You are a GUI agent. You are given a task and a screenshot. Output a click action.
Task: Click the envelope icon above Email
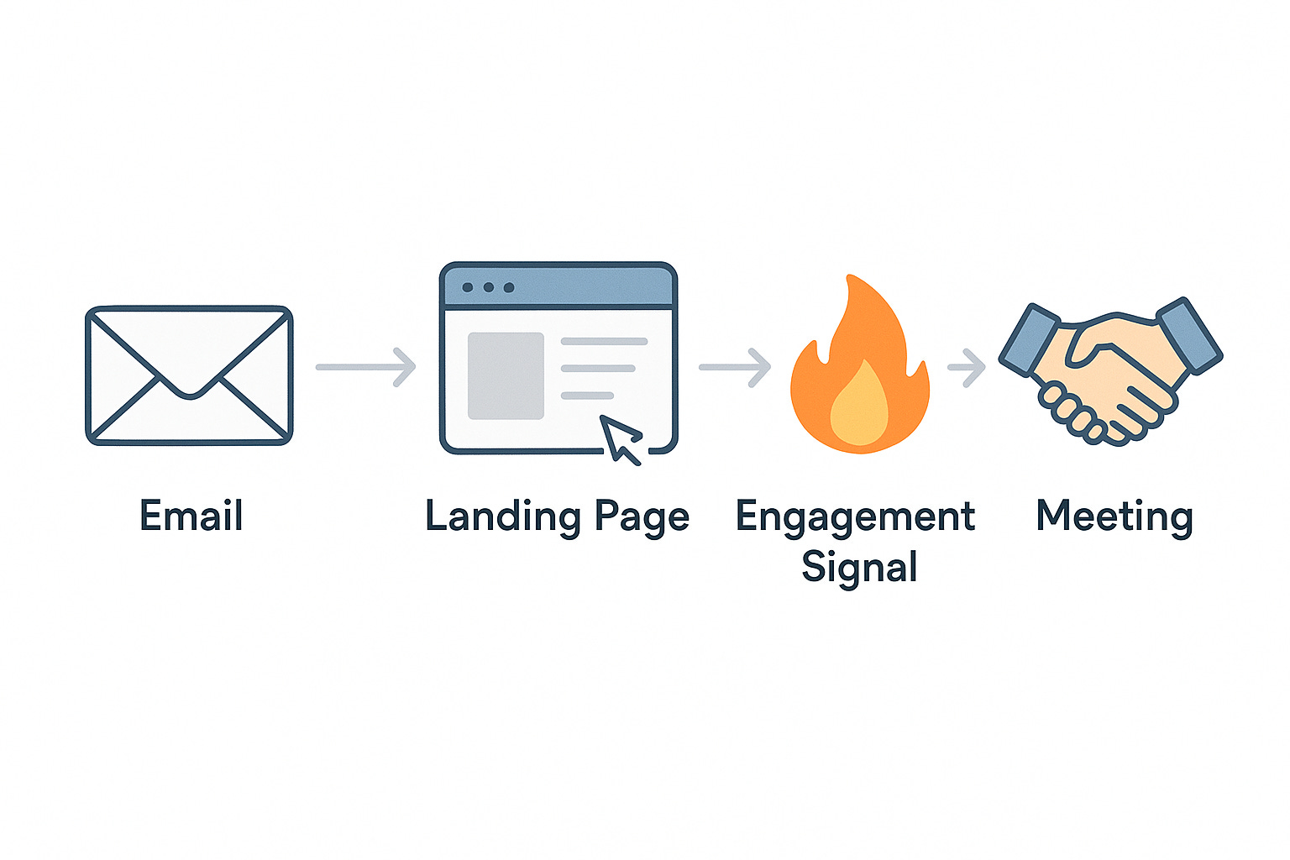[x=189, y=375]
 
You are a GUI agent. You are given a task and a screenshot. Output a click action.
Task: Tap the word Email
[x=191, y=516]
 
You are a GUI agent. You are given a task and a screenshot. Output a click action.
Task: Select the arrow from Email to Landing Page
[x=366, y=367]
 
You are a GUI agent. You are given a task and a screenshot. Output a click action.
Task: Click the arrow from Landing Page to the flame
[x=735, y=367]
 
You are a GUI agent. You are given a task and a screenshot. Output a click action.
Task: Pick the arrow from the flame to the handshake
[x=967, y=367]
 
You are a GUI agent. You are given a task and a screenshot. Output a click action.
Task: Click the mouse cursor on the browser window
[x=621, y=438]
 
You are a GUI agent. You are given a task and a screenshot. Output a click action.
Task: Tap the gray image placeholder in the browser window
[x=506, y=375]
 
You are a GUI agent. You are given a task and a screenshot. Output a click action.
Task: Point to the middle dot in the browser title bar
[x=488, y=287]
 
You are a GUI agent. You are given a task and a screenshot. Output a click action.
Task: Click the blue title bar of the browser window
[x=588, y=286]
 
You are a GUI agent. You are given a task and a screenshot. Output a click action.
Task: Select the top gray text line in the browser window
[x=604, y=342]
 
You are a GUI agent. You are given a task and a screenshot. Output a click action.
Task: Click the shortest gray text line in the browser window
[x=587, y=396]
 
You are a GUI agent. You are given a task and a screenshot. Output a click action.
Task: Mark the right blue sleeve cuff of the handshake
[x=1189, y=333]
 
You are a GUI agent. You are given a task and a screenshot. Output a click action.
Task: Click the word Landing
[x=502, y=517]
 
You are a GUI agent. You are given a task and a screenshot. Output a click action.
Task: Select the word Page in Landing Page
[x=642, y=517]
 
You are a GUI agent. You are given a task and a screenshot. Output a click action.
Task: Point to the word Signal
[x=858, y=568]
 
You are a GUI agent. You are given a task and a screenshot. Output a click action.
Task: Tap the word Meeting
[x=1114, y=517]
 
